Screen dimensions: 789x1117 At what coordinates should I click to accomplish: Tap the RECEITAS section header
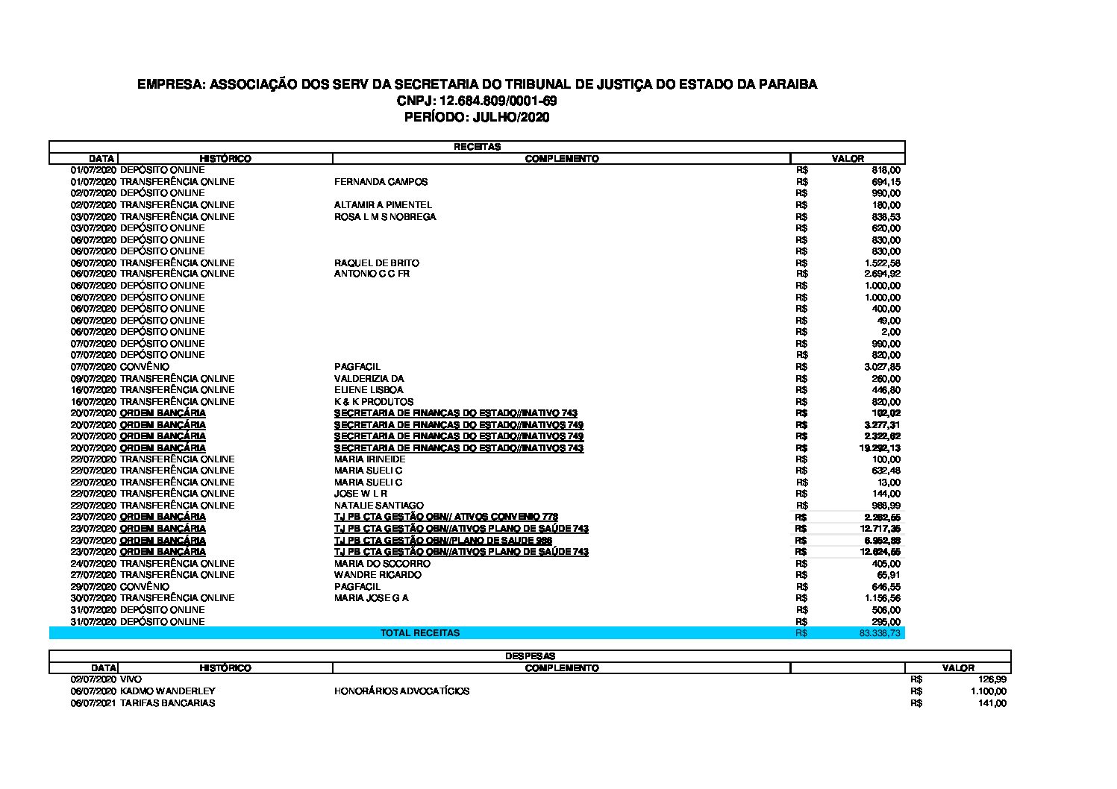point(477,147)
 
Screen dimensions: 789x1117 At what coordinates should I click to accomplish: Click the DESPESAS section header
point(530,656)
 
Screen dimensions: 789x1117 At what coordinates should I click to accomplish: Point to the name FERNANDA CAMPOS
point(381,182)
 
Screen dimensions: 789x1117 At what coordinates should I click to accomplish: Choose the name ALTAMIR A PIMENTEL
point(383,205)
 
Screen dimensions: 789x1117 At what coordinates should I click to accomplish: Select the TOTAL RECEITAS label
point(420,633)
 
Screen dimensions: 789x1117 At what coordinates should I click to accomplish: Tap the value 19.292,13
point(880,448)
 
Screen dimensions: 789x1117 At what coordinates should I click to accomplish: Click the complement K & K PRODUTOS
point(373,402)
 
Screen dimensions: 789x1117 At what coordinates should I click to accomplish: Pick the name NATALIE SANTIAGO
point(378,506)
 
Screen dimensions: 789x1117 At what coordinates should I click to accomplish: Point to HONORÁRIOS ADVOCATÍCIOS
point(401,691)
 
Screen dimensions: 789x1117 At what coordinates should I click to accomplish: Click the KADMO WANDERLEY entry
point(167,691)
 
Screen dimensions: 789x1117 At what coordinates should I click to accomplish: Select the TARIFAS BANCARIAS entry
point(167,703)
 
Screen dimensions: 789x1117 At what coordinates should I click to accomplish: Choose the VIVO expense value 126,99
point(992,680)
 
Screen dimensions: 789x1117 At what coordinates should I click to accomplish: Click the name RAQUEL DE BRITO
point(376,263)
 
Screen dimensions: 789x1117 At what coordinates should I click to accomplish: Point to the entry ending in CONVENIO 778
point(445,517)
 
